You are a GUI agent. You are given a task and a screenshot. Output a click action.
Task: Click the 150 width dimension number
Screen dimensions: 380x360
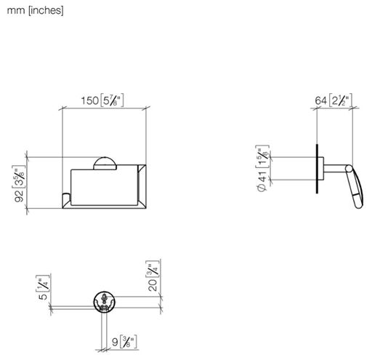89,100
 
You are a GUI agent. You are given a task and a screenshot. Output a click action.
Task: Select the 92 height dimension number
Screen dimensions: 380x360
19,196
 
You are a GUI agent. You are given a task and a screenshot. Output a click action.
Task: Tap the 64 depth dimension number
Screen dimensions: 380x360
321,100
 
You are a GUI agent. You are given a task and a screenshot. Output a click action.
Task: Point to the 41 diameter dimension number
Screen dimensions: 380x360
262,176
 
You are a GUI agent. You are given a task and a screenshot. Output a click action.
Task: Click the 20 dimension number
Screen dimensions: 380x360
153,285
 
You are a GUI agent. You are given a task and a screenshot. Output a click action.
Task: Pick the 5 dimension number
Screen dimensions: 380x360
43,297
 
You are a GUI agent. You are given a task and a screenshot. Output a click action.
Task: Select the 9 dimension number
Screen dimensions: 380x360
115,343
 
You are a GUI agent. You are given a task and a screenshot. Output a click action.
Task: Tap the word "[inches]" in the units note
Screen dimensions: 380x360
46,10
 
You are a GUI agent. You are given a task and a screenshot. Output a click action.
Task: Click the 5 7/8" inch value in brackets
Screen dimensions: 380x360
112,100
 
